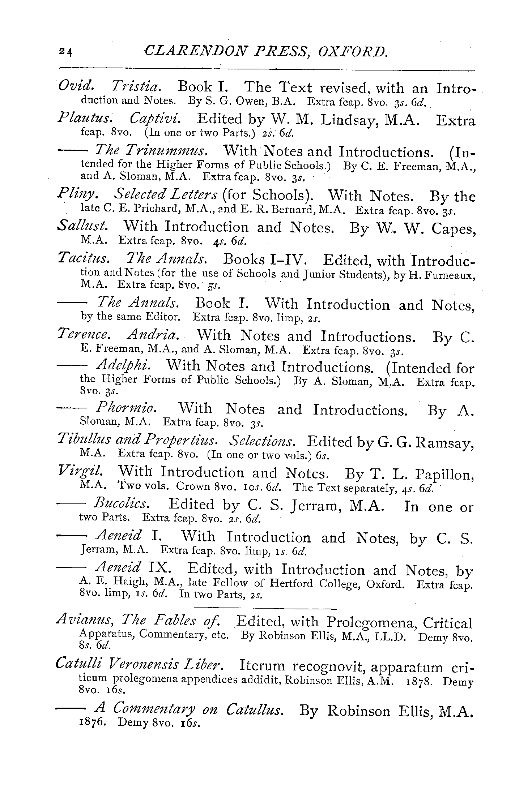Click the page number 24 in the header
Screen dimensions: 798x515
(x=66, y=52)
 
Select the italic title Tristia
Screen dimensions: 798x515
(x=134, y=87)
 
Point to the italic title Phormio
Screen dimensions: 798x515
(x=127, y=408)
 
